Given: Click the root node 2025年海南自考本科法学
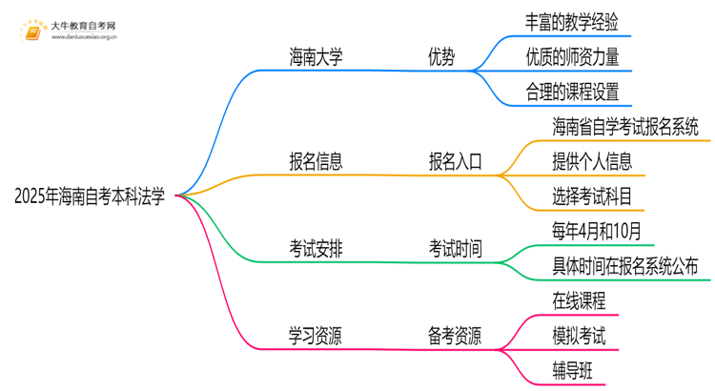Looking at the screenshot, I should [91, 197].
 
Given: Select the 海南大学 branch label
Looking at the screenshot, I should [316, 57].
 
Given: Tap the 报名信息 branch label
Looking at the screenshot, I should [316, 160].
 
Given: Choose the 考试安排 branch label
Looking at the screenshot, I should [316, 249].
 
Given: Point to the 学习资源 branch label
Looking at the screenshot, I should [316, 335].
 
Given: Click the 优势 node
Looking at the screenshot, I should [440, 57].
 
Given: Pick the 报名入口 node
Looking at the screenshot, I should [455, 160].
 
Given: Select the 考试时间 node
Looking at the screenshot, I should [455, 249].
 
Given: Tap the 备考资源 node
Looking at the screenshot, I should [455, 335].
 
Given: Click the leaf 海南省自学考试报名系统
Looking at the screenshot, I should [624, 126].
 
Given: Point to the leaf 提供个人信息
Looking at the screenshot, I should [591, 160].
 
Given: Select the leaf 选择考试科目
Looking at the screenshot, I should [591, 195].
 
